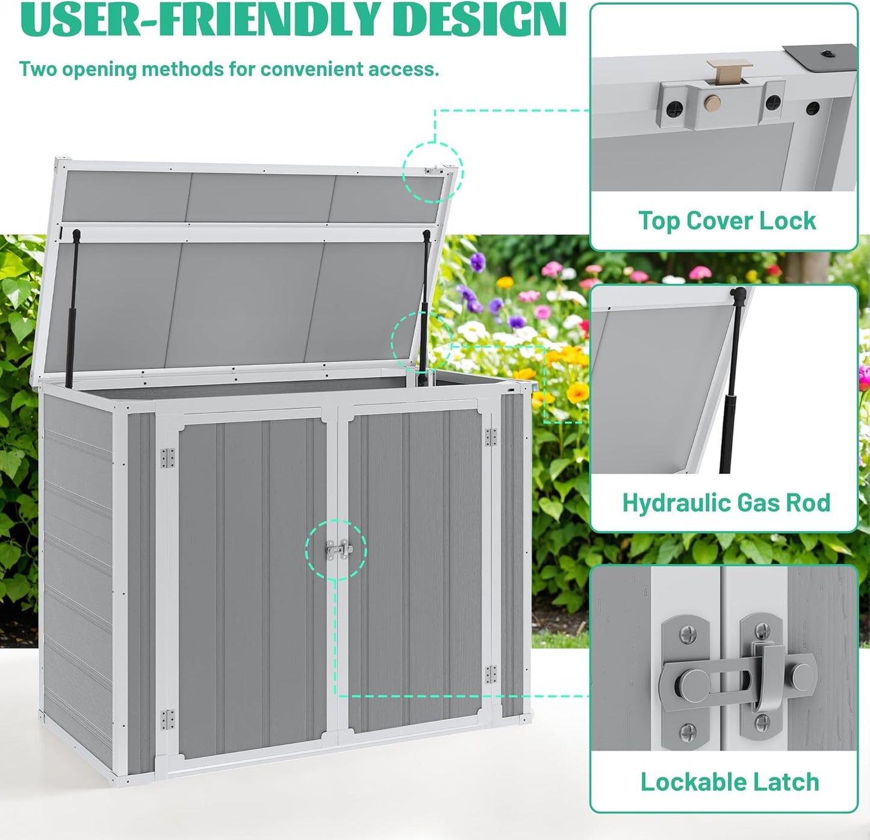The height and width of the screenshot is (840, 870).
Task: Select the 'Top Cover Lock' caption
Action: [x=727, y=221]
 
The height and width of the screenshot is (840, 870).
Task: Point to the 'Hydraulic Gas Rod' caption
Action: [x=726, y=503]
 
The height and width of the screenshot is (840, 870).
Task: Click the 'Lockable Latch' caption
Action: [x=729, y=782]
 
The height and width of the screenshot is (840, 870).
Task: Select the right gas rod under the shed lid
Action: [x=424, y=301]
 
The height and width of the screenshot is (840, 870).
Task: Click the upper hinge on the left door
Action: [x=167, y=457]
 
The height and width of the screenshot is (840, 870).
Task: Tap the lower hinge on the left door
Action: [x=167, y=719]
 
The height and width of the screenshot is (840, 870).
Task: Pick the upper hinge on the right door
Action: [x=491, y=437]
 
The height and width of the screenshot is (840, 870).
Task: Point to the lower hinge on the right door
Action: [x=491, y=674]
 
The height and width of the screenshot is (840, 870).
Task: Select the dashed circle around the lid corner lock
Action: [x=433, y=172]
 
